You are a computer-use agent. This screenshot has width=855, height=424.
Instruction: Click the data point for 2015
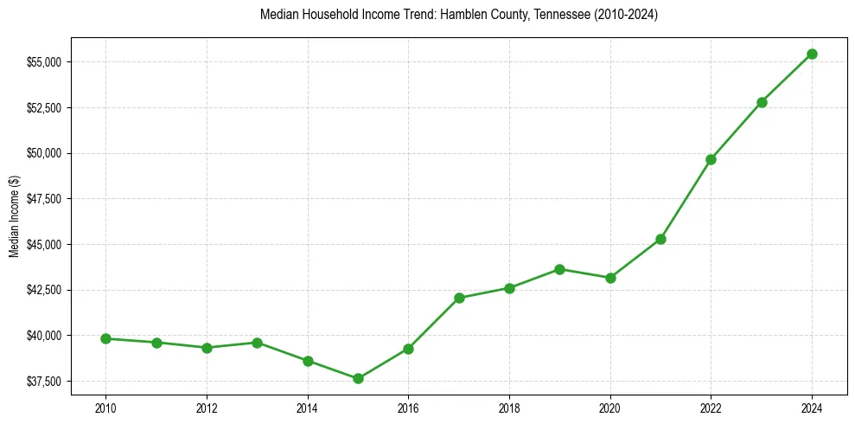point(358,378)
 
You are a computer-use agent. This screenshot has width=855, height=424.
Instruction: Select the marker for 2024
point(812,54)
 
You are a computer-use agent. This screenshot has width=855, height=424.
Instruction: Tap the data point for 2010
point(105,338)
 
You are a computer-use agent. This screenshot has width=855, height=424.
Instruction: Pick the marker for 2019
point(559,269)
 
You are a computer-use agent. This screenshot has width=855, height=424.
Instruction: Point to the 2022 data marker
point(711,159)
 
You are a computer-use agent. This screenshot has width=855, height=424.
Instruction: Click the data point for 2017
point(459,298)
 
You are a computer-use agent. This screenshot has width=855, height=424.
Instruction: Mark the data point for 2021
point(660,239)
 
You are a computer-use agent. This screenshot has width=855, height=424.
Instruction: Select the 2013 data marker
point(257,343)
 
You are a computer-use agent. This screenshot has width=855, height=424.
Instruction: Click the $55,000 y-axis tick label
point(43,62)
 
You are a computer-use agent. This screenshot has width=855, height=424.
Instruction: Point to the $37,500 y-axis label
point(43,382)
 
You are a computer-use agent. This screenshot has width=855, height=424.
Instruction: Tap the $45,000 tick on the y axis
point(43,245)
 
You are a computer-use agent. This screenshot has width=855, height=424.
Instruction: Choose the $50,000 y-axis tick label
point(43,153)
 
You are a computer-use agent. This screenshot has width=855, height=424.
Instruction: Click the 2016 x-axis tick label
point(408,406)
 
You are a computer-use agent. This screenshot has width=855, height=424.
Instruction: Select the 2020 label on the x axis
point(610,406)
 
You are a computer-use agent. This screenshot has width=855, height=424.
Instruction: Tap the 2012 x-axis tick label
point(207,406)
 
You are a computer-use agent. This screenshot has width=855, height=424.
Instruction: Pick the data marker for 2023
point(762,102)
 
